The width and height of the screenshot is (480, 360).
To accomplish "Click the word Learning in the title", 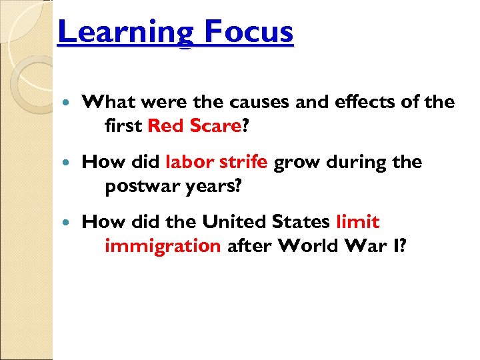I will (117, 32).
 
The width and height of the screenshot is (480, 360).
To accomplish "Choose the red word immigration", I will (163, 246).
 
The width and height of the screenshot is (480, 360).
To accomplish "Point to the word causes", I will (256, 103).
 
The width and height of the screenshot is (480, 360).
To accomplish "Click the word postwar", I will (137, 186).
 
